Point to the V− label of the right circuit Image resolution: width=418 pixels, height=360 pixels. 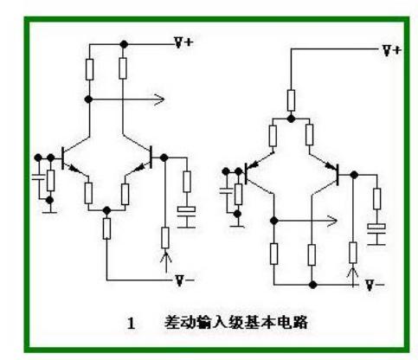pyautogui.click(x=374, y=284)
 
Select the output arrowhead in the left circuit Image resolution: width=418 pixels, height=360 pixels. pyautogui.click(x=158, y=100)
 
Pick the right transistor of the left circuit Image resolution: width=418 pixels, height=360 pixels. pyautogui.click(x=149, y=157)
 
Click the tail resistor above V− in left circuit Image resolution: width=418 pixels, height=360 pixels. pyautogui.click(x=106, y=228)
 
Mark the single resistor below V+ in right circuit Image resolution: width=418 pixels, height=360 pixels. pyautogui.click(x=292, y=99)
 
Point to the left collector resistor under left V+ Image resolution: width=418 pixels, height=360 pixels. pyautogui.click(x=89, y=68)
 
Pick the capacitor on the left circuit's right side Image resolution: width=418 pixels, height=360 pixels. pyautogui.click(x=186, y=211)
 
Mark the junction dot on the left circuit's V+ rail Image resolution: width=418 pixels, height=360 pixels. pyautogui.click(x=124, y=43)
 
